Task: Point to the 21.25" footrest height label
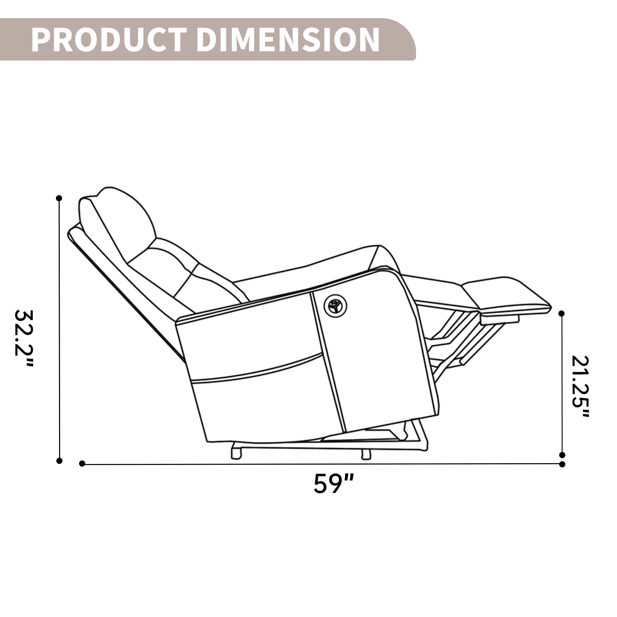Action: (x=580, y=386)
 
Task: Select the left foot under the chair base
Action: (x=236, y=452)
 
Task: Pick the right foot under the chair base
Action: (x=366, y=453)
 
